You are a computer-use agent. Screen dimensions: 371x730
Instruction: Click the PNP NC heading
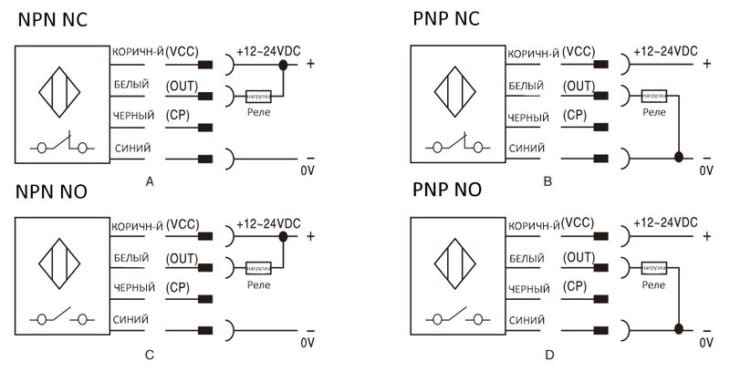(446, 18)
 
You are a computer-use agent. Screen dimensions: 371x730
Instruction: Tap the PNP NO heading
(447, 190)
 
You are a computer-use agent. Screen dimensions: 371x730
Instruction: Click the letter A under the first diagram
(151, 182)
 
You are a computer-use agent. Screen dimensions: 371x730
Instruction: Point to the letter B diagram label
(547, 181)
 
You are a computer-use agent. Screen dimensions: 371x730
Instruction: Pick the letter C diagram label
(151, 352)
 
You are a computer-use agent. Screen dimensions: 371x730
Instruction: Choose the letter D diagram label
(547, 353)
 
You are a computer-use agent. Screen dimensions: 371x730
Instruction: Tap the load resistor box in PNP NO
(653, 268)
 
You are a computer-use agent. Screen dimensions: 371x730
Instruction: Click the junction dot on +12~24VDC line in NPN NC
(284, 64)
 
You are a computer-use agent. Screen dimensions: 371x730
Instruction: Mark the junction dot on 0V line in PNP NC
(678, 157)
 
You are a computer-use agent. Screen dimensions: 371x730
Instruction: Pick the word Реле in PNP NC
(653, 111)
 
